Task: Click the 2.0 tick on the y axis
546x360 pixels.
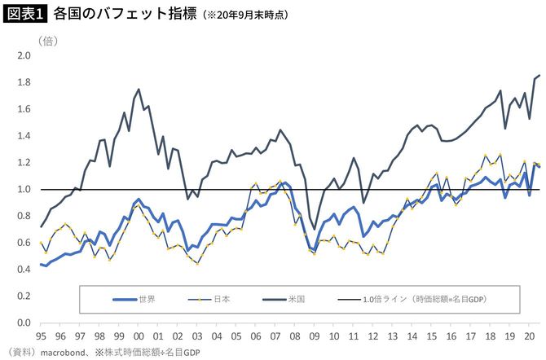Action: coord(23,56)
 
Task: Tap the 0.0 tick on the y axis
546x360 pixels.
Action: coord(23,323)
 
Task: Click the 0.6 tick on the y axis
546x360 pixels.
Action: coord(23,243)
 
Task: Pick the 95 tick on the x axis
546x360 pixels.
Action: coord(41,335)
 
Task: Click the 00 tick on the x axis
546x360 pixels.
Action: coord(139,335)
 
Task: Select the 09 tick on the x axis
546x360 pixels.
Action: coord(315,335)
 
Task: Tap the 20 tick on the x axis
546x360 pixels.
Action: coord(531,335)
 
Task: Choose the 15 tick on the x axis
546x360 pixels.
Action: coord(433,335)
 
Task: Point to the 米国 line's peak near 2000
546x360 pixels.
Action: coord(139,90)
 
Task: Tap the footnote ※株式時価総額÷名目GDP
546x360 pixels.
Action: coord(148,353)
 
